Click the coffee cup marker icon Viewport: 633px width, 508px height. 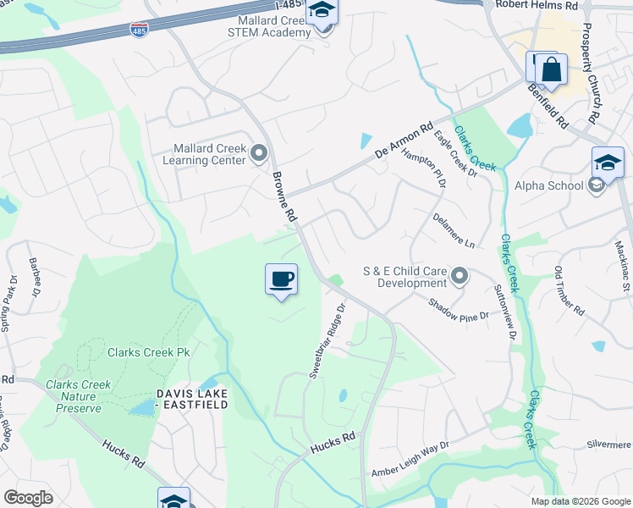coord(281,279)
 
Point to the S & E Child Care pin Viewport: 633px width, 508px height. coord(460,276)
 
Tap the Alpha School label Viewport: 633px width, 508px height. coord(549,185)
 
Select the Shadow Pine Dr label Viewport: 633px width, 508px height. coord(459,310)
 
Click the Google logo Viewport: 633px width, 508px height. coord(28,498)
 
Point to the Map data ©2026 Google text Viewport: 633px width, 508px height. coord(580,501)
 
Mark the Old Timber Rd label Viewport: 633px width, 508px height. coord(569,291)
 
